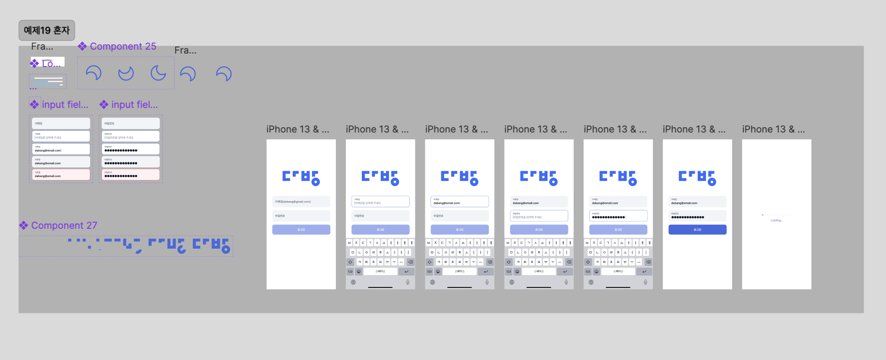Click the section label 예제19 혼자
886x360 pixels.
pyautogui.click(x=47, y=30)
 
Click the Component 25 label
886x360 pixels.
pyautogui.click(x=123, y=46)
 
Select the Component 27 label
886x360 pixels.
pyautogui.click(x=64, y=225)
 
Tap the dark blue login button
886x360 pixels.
pyautogui.click(x=697, y=230)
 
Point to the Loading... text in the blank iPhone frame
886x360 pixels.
pyautogui.click(x=776, y=221)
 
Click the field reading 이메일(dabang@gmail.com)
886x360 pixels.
pyautogui.click(x=301, y=202)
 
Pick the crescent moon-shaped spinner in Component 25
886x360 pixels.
pyautogui.click(x=158, y=73)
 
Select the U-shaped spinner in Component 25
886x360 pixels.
pyautogui.click(x=126, y=73)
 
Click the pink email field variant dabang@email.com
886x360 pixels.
pyautogui.click(x=61, y=174)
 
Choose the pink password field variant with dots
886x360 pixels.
pyautogui.click(x=130, y=174)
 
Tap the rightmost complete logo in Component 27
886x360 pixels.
pyautogui.click(x=211, y=245)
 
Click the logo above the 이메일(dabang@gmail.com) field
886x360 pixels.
pyautogui.click(x=301, y=177)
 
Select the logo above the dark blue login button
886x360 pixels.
pyautogui.click(x=697, y=177)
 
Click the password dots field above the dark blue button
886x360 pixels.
pyautogui.click(x=697, y=215)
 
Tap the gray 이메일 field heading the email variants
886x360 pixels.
pyautogui.click(x=61, y=123)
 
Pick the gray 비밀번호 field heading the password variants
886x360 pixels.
pyautogui.click(x=130, y=123)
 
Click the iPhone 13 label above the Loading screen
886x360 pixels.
pyautogui.click(x=773, y=129)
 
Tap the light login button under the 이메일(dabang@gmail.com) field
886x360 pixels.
pyautogui.click(x=301, y=230)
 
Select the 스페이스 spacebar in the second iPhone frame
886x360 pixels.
pyautogui.click(x=380, y=272)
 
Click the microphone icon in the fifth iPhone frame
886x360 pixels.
pyautogui.click(x=646, y=282)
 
